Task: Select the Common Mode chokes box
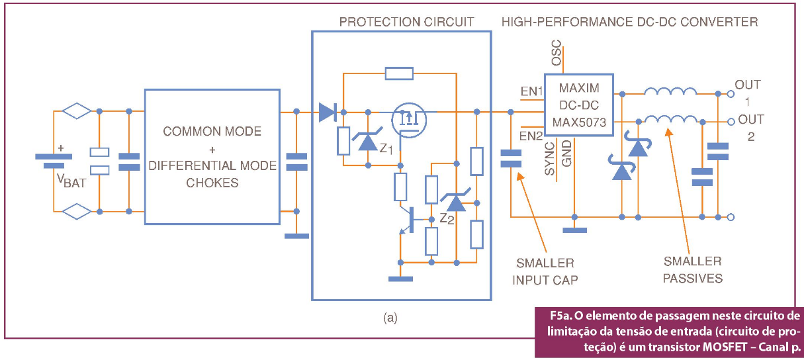(x=211, y=156)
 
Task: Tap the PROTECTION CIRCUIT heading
(x=406, y=22)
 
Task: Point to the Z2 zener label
(x=447, y=219)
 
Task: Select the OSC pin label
(x=557, y=52)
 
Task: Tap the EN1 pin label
(x=531, y=91)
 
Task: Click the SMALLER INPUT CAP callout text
(x=545, y=271)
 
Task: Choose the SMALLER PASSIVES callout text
(x=693, y=269)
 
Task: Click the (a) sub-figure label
(x=390, y=318)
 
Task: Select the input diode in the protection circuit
(x=327, y=112)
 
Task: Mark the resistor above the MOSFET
(x=399, y=73)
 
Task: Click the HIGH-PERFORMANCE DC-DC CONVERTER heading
(x=629, y=22)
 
